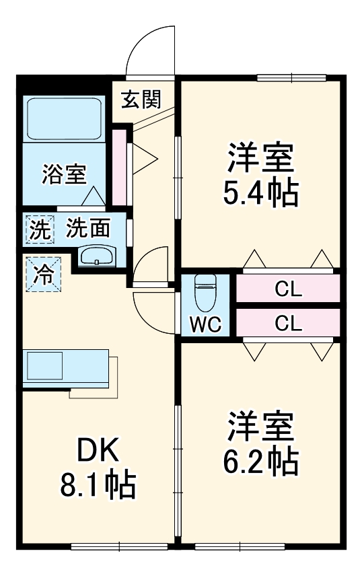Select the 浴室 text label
point(64,174)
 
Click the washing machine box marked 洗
point(38,229)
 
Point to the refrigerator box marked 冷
point(42,275)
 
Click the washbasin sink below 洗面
point(98,256)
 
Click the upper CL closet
point(287,291)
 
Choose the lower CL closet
point(287,324)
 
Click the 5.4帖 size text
point(260,194)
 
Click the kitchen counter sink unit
point(65,368)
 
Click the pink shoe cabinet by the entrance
point(119,165)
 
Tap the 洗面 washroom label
point(87,229)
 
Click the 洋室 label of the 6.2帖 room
point(260,427)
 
